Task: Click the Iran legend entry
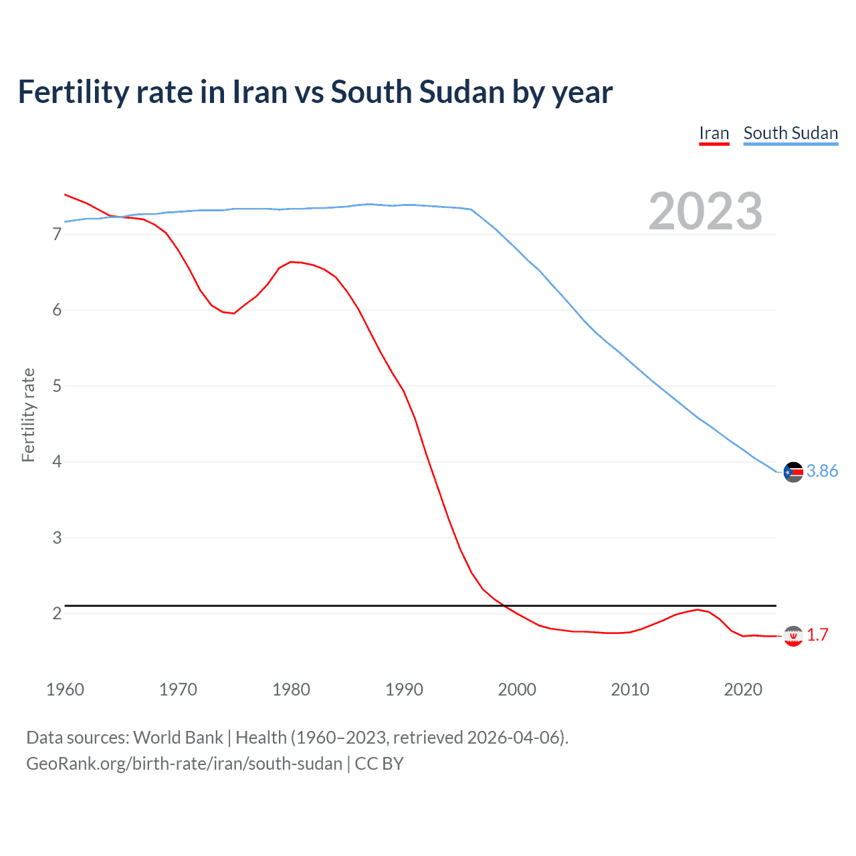[714, 133]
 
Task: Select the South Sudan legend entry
[790, 133]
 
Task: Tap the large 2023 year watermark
[705, 211]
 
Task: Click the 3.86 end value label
[822, 471]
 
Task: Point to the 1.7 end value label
[817, 635]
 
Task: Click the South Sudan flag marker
[793, 472]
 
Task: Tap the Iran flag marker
[793, 636]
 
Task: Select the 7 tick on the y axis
[57, 234]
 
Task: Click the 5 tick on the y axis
[57, 386]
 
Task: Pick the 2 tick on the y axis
[57, 613]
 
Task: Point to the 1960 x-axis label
[65, 689]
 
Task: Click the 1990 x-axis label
[404, 689]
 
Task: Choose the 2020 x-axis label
[743, 689]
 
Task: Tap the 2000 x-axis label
[517, 689]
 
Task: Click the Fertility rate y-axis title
[28, 415]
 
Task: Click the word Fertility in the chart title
[72, 92]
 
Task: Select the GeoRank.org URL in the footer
[184, 764]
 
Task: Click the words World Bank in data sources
[178, 738]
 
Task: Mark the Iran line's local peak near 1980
[292, 261]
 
